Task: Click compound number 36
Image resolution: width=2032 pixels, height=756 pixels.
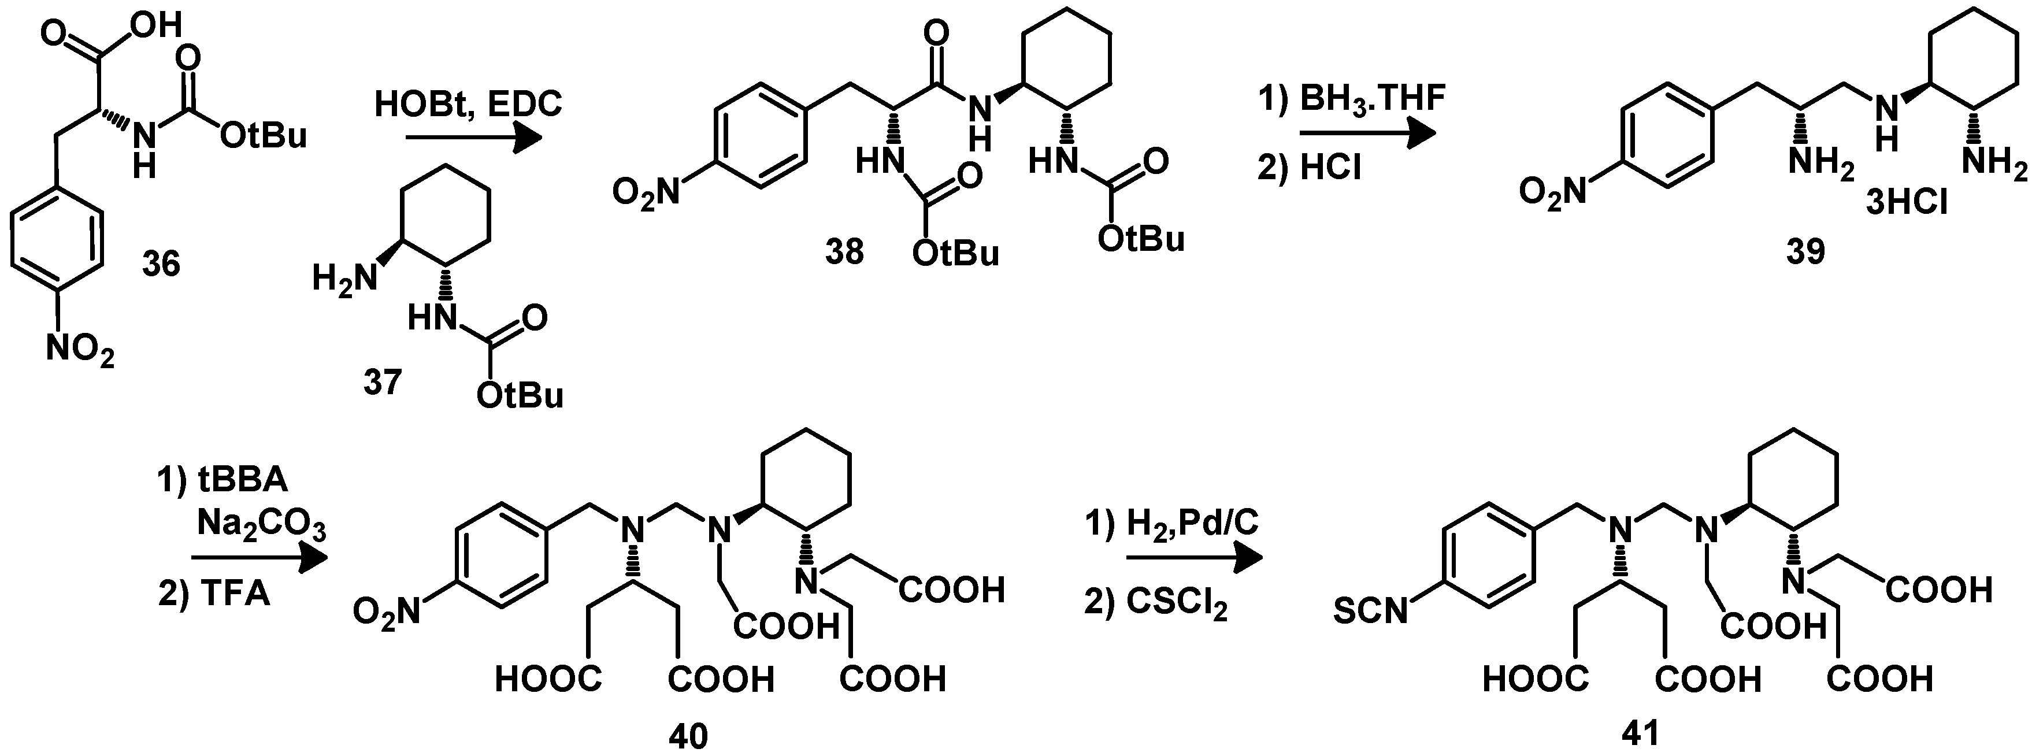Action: [161, 263]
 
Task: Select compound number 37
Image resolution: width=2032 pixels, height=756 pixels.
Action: [382, 383]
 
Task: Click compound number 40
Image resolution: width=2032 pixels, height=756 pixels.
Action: [688, 736]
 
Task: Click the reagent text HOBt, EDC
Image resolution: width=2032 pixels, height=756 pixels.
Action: [469, 103]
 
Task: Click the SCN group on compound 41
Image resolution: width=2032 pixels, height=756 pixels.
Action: [1370, 611]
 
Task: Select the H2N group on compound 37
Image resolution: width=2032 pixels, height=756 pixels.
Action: [344, 279]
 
